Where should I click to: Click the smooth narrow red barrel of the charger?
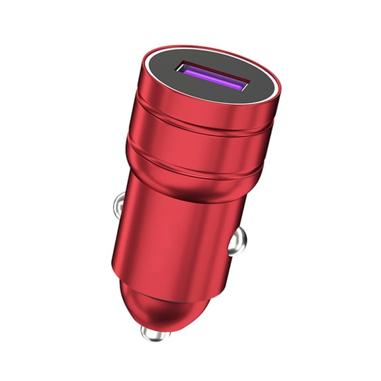point(172,232)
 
